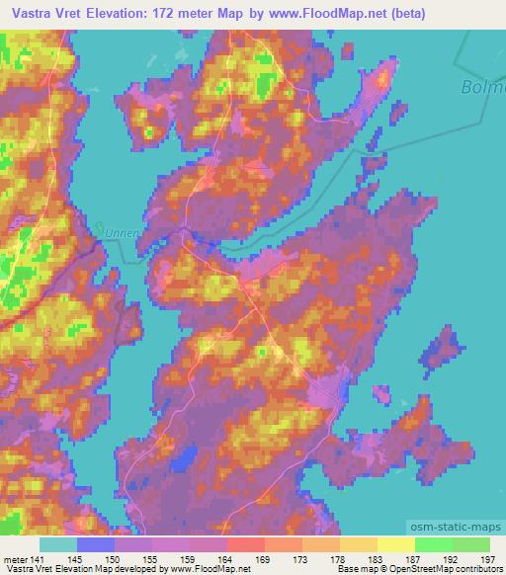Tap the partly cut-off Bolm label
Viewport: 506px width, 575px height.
pyautogui.click(x=483, y=88)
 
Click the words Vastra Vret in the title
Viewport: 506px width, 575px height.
pyautogui.click(x=46, y=12)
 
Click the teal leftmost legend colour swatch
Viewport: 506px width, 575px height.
pyautogui.click(x=58, y=544)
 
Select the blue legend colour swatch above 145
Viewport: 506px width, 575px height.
pyautogui.click(x=96, y=544)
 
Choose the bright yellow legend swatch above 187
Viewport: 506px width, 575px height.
pyautogui.click(x=396, y=544)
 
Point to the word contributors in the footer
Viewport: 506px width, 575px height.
pyautogui.click(x=475, y=569)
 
